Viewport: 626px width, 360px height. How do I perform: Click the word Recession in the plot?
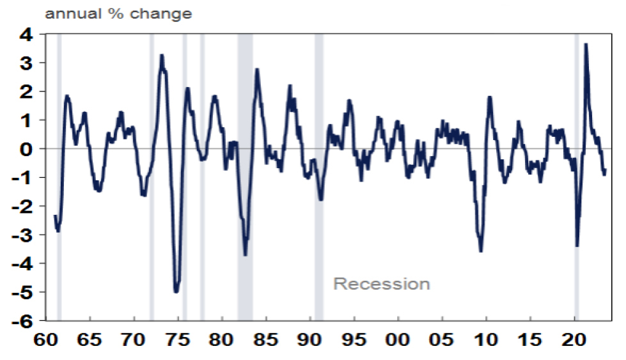(x=382, y=284)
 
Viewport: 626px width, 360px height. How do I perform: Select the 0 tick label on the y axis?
(x=29, y=149)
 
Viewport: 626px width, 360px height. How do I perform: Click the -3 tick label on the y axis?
(x=26, y=235)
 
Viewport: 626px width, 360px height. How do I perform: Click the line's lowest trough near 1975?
(x=176, y=292)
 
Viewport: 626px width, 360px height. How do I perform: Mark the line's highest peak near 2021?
(x=586, y=44)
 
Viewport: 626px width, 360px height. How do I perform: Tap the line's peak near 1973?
(x=162, y=56)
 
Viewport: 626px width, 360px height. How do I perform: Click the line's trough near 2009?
(x=480, y=251)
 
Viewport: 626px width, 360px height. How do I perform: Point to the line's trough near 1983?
(x=245, y=254)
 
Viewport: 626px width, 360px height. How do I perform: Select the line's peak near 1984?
(x=256, y=70)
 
